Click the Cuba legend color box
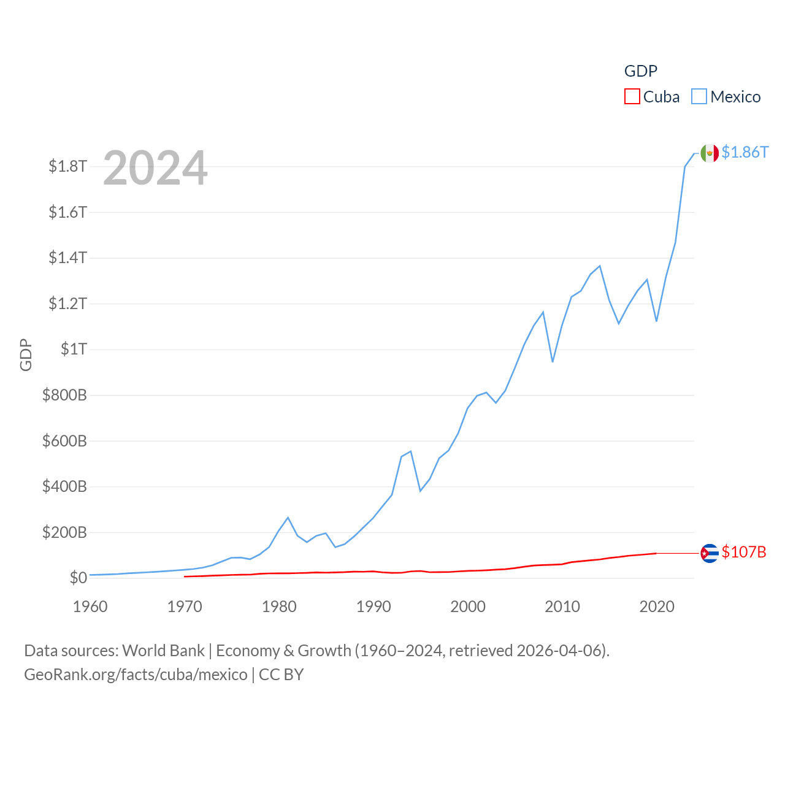point(632,97)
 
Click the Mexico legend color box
point(699,97)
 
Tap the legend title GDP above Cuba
point(641,71)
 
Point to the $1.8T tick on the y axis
point(68,166)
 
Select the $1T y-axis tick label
point(74,349)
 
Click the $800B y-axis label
point(64,395)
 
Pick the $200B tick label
point(64,532)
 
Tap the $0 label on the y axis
point(78,578)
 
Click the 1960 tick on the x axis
point(90,607)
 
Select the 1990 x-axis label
point(373,607)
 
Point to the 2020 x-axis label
point(657,607)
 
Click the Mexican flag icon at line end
point(710,153)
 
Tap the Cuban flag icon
point(710,553)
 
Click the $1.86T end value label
point(745,152)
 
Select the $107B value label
point(744,552)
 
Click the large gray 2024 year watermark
point(155,168)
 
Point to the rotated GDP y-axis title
point(26,354)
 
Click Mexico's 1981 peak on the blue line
point(288,518)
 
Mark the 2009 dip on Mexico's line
point(553,361)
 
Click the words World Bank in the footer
point(163,651)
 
